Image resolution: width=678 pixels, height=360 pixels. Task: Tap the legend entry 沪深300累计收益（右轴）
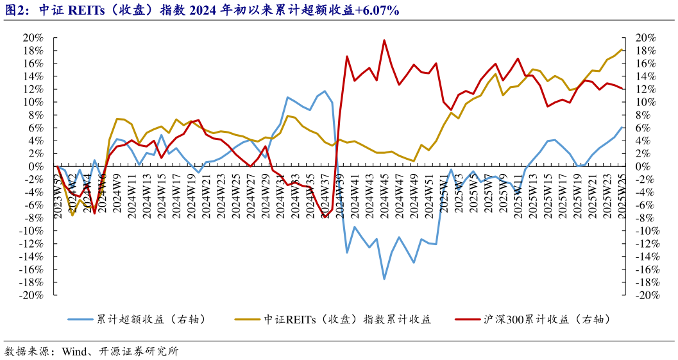pyautogui.click(x=546, y=320)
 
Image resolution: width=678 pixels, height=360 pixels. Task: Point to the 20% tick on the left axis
pyautogui.click(x=33, y=38)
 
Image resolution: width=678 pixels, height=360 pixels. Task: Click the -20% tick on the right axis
pyautogui.click(x=645, y=295)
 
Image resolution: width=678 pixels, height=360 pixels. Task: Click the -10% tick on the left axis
pyautogui.click(x=32, y=231)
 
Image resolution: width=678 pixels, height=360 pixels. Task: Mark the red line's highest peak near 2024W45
pyautogui.click(x=384, y=40)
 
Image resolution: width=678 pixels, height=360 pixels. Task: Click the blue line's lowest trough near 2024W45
pyautogui.click(x=384, y=279)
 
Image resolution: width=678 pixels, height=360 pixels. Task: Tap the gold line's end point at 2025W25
pyautogui.click(x=622, y=49)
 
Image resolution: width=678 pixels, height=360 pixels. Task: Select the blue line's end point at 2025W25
pyautogui.click(x=622, y=127)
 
